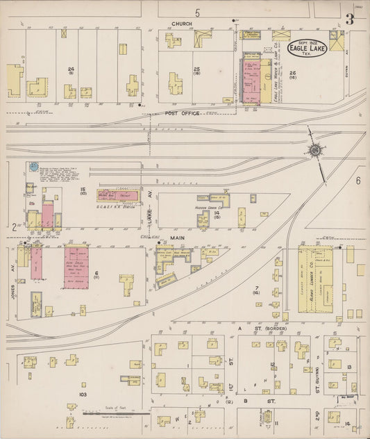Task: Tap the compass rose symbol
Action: [x=314, y=150]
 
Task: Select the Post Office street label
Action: [x=183, y=113]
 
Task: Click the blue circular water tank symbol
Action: [x=32, y=167]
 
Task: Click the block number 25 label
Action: [x=197, y=69]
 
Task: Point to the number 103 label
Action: [x=82, y=395]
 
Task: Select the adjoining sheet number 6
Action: [x=359, y=180]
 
